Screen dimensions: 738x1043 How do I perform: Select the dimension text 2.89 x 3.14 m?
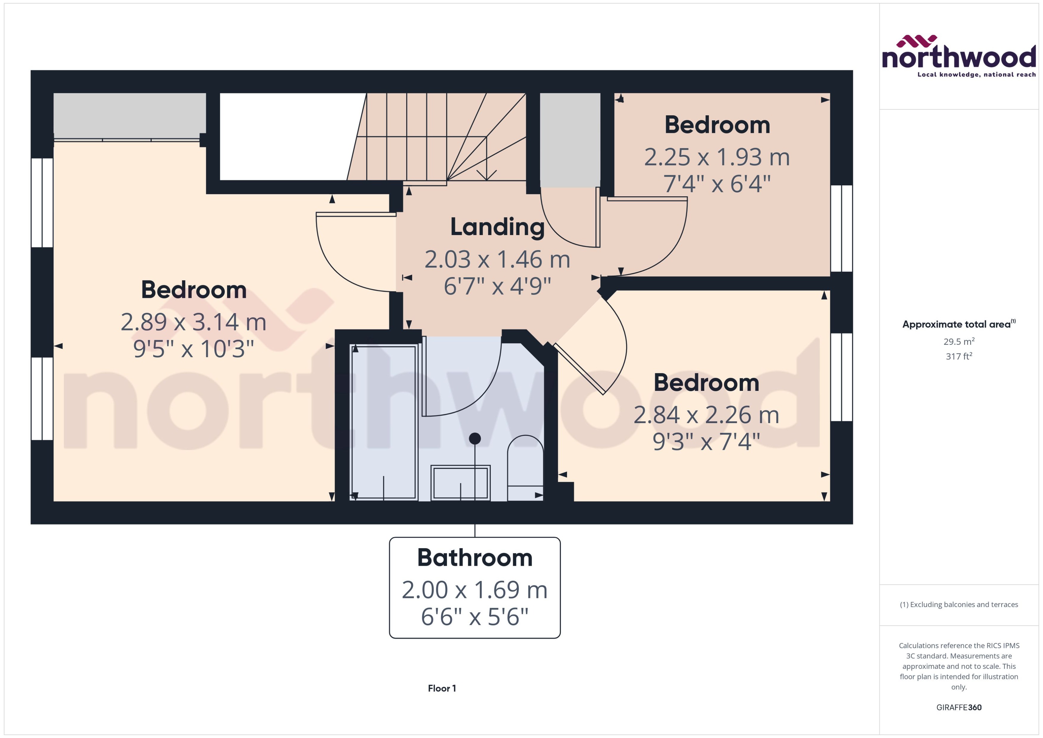193,322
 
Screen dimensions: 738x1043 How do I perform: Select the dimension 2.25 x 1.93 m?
717,157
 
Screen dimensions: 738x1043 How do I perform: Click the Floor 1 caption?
441,688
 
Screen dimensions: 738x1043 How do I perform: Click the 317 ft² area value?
958,356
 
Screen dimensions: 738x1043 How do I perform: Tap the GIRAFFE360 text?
958,707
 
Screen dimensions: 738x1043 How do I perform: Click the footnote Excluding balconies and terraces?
958,605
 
